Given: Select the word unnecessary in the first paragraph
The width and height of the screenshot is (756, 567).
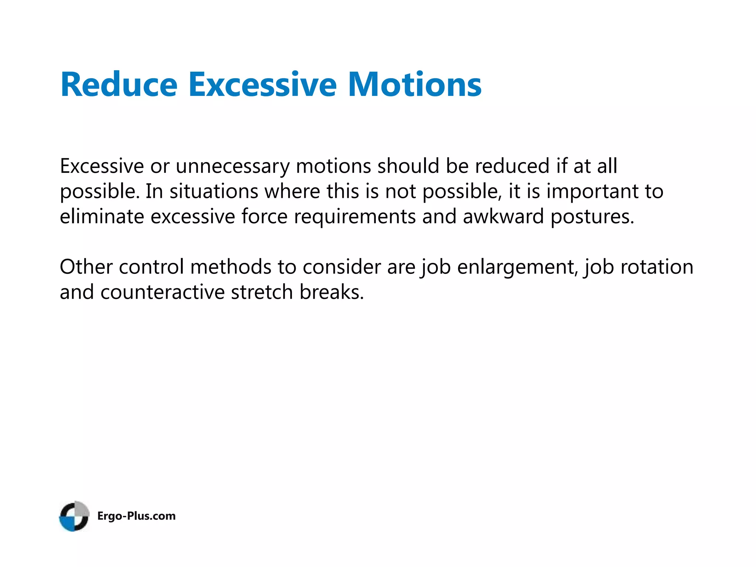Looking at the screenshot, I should click(x=233, y=166).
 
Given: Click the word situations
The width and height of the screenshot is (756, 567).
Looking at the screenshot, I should click(x=214, y=192).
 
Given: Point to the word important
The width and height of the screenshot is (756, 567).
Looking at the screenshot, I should click(x=592, y=192).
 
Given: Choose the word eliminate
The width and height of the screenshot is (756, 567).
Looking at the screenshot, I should click(x=102, y=216).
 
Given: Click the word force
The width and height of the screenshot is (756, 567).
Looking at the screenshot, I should click(x=264, y=216).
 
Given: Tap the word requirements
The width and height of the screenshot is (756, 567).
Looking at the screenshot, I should click(x=355, y=217).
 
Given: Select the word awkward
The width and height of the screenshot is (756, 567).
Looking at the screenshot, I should click(x=503, y=216).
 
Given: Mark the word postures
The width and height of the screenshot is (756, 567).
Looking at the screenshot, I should click(x=592, y=217).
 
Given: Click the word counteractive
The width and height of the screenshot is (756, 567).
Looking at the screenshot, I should click(x=162, y=292).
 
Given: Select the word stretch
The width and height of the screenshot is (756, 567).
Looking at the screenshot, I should click(x=262, y=292).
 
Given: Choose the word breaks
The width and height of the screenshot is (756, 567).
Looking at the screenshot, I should click(x=331, y=292).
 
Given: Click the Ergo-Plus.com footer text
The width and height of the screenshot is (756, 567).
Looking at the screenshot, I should click(x=136, y=516).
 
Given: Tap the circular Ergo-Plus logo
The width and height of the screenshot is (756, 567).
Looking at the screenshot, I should click(x=74, y=516).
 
